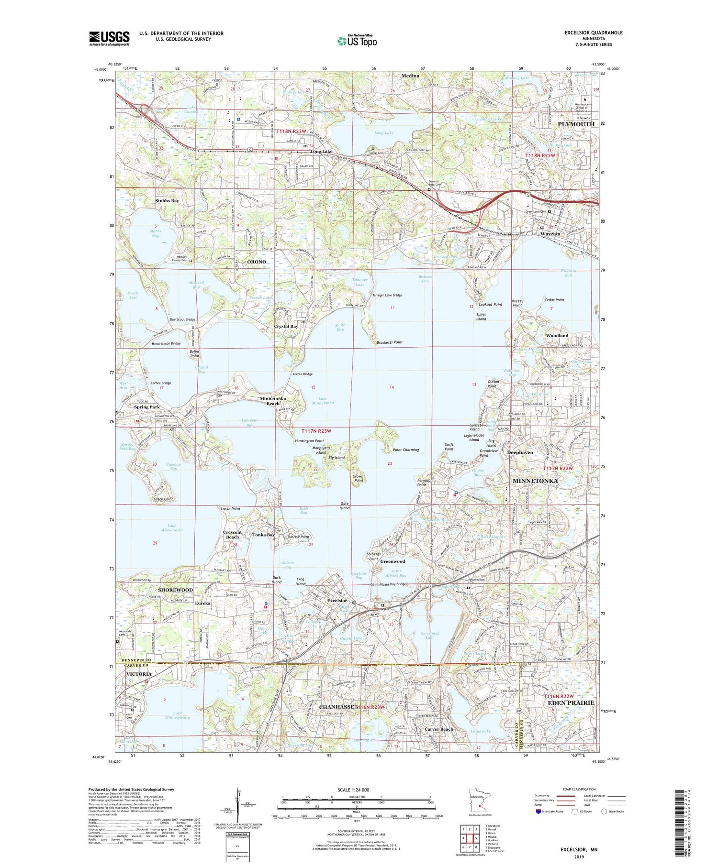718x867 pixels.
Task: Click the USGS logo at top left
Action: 109,38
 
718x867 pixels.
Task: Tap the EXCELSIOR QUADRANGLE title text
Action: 594,33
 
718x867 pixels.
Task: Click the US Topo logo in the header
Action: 357,41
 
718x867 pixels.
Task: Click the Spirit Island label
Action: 481,317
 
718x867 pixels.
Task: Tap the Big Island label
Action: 336,458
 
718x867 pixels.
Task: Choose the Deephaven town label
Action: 520,452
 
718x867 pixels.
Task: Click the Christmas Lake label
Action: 429,636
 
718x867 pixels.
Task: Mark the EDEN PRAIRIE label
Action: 569,702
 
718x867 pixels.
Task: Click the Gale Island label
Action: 345,506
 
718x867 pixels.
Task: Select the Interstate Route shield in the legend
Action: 538,812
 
